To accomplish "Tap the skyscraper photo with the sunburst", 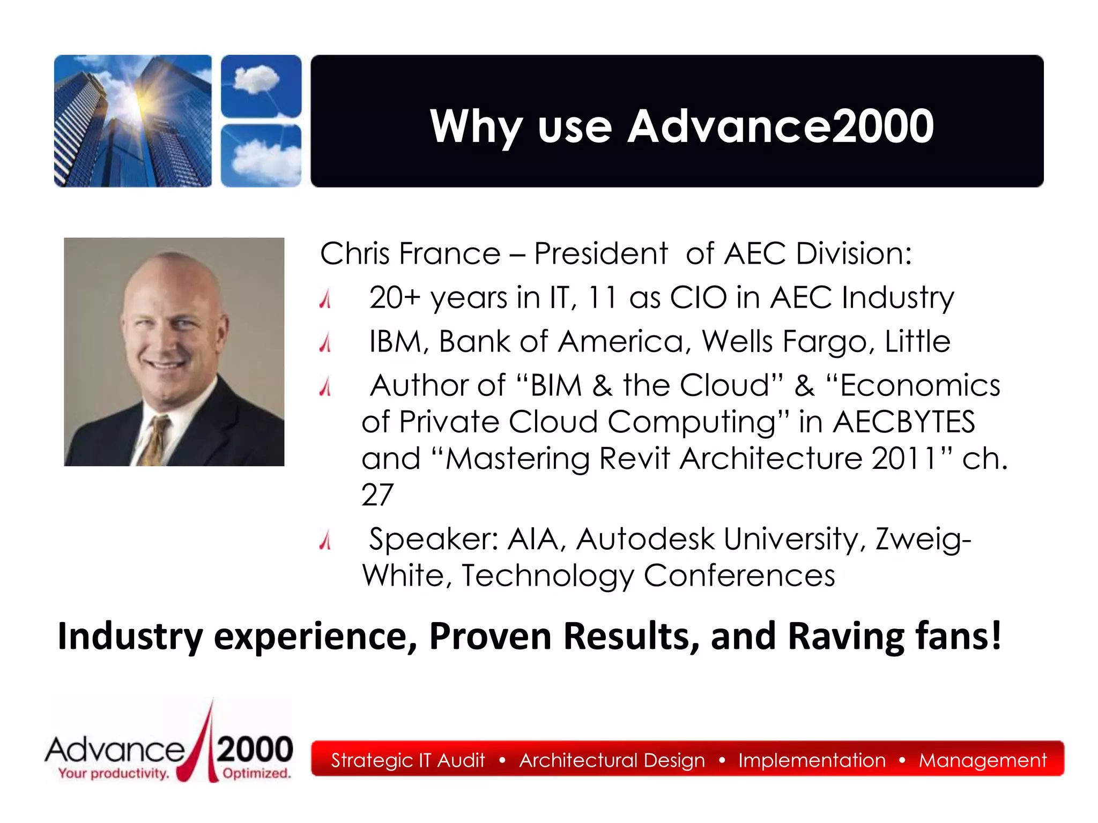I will click(x=132, y=121).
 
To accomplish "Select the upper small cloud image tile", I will click(x=261, y=86).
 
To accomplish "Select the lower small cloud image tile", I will click(x=261, y=155).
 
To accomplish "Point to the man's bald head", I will click(x=172, y=279).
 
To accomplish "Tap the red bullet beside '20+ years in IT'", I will click(x=325, y=299).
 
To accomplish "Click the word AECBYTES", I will click(x=903, y=422).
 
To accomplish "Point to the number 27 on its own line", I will click(x=377, y=495).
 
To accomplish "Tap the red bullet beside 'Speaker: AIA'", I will click(x=325, y=540).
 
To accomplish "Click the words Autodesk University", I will click(x=718, y=538).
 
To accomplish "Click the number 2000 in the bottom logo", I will click(x=255, y=749).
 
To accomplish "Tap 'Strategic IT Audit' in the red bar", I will click(x=407, y=760).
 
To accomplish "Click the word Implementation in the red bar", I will click(x=812, y=760).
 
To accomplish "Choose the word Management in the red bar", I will click(x=982, y=760).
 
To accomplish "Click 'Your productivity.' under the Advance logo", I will click(x=114, y=773).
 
